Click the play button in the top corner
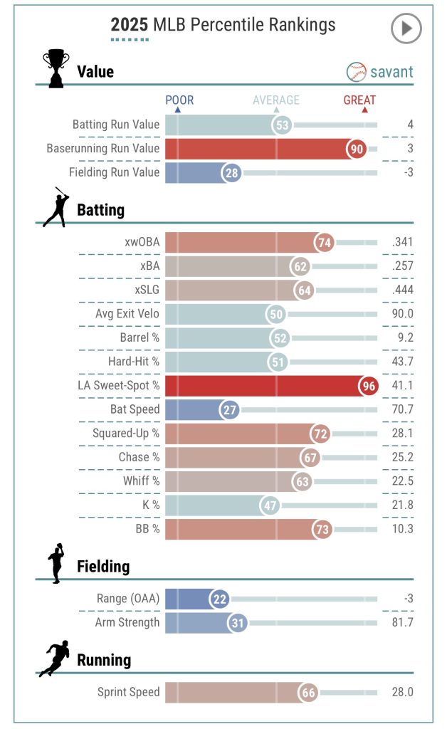click(x=406, y=28)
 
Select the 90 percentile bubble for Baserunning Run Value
click(x=357, y=149)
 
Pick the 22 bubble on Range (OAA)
click(x=219, y=599)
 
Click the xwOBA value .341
click(x=402, y=243)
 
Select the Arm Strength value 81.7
click(x=399, y=622)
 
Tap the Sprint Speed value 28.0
click(x=399, y=692)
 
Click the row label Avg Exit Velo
click(x=127, y=314)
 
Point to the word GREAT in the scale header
click(x=359, y=100)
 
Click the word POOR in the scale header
click(x=179, y=100)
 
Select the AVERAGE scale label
click(x=277, y=100)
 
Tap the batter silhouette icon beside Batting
click(x=56, y=208)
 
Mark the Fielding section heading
click(x=103, y=567)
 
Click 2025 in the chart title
click(x=129, y=26)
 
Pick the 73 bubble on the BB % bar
click(x=322, y=528)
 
